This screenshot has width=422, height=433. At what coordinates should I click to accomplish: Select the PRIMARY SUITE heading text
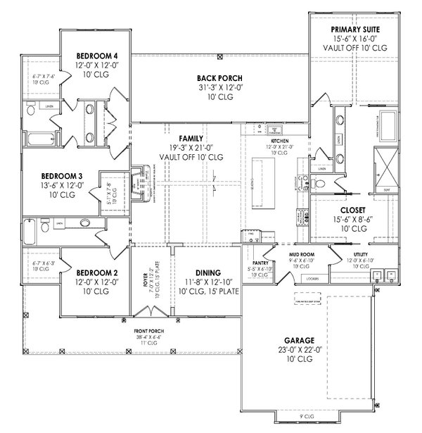click(x=354, y=29)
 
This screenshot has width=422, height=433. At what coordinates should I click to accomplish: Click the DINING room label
click(x=209, y=273)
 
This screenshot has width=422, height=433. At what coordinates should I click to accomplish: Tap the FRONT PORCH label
click(x=148, y=331)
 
